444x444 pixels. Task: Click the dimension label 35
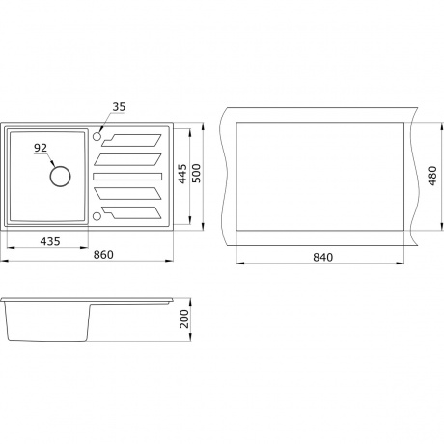(x=119, y=107)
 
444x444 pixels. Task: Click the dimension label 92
(x=41, y=148)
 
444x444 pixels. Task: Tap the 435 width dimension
(x=50, y=241)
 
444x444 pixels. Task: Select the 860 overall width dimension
(x=103, y=255)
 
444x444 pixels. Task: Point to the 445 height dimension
(x=182, y=174)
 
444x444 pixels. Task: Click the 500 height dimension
(x=196, y=174)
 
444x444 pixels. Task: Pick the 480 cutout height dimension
(x=432, y=176)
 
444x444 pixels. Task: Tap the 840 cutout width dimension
(x=322, y=257)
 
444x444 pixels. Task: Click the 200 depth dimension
(x=184, y=319)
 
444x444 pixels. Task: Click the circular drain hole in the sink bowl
(x=60, y=177)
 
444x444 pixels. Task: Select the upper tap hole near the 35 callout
(x=97, y=136)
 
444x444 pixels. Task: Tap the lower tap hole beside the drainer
(x=97, y=216)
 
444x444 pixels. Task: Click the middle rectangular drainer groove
(x=127, y=177)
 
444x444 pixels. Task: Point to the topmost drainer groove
(x=132, y=140)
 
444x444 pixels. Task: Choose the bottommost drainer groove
(x=132, y=212)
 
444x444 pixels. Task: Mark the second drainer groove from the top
(x=127, y=159)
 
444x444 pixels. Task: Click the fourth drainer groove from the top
(x=127, y=193)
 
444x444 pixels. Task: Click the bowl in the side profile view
(x=47, y=321)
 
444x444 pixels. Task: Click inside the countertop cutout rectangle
(x=320, y=176)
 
